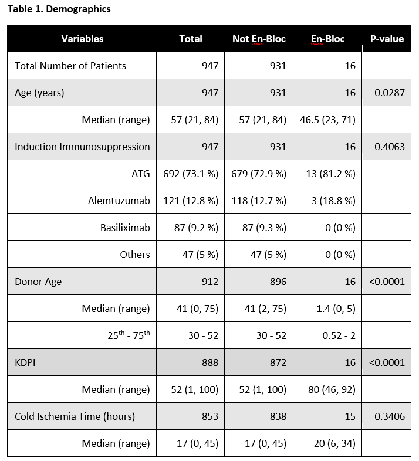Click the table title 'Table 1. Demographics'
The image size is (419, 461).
(59, 9)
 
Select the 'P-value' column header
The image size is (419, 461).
(387, 39)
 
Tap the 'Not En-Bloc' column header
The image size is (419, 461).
(259, 39)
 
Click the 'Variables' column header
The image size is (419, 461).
(82, 39)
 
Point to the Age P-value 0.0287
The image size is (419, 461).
(390, 93)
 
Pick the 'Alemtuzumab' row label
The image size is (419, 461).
(119, 201)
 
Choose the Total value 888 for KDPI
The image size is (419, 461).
(209, 362)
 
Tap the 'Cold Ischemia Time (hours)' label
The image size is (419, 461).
(75, 416)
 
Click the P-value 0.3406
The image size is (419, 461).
(390, 416)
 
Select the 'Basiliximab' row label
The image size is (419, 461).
(125, 228)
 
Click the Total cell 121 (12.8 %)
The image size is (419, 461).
(190, 201)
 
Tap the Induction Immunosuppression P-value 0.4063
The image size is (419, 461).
(390, 147)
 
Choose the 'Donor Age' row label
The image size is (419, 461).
(38, 282)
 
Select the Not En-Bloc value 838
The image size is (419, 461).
(277, 416)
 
